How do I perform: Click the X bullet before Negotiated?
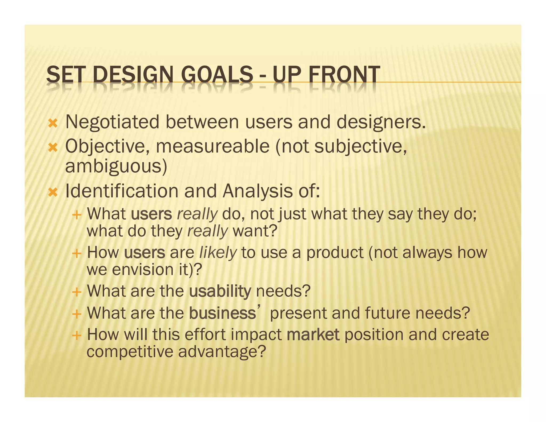pos(53,124)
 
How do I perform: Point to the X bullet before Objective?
pos(53,148)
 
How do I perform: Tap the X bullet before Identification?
pos(53,192)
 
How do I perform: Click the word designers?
pos(381,122)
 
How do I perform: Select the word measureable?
pos(212,147)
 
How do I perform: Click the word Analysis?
pos(258,191)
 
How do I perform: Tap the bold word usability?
pos(220,291)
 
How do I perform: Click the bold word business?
pos(223,313)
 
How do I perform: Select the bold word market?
pos(313,335)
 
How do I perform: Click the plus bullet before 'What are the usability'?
pos(77,292)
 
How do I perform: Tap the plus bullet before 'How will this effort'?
pos(77,336)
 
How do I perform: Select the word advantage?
pos(222,352)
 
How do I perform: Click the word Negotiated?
pos(112,122)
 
